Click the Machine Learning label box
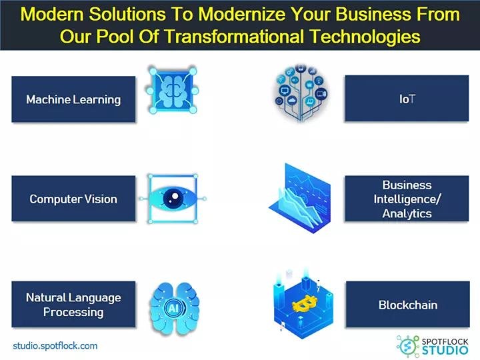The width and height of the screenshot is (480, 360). click(73, 99)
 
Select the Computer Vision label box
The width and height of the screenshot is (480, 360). click(73, 199)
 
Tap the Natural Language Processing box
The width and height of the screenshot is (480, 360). click(73, 305)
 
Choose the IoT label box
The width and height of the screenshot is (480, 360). click(407, 99)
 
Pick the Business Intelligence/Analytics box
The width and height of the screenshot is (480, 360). click(407, 199)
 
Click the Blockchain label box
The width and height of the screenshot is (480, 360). click(407, 305)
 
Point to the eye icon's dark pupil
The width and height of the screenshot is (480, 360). click(173, 199)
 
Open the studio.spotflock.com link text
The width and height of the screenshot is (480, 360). click(55, 345)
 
